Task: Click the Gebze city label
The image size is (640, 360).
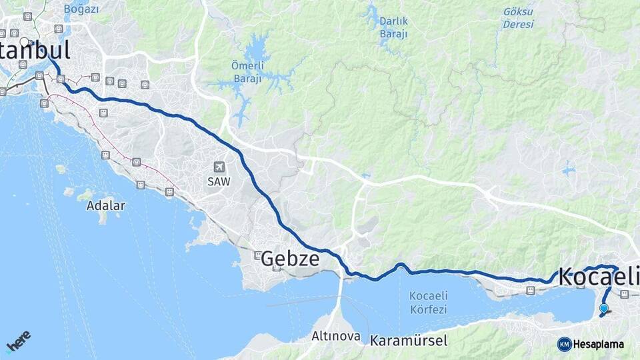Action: click(x=290, y=259)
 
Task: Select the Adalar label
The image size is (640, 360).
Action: click(x=105, y=205)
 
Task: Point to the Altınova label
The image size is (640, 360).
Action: click(x=337, y=337)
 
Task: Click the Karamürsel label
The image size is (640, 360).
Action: click(x=409, y=341)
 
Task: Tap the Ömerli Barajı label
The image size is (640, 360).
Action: click(x=247, y=71)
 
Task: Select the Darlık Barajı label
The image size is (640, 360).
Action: click(x=393, y=27)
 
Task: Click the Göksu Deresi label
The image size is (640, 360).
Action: click(x=519, y=18)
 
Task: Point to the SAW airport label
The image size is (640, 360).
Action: click(x=217, y=181)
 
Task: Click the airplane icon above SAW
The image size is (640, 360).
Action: click(x=219, y=167)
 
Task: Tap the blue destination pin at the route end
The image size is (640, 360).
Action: click(x=603, y=308)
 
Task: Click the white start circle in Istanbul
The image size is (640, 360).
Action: click(x=25, y=43)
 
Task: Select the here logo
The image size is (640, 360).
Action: click(x=18, y=341)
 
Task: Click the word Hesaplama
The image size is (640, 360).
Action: click(x=598, y=344)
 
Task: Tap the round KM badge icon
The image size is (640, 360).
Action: click(x=564, y=344)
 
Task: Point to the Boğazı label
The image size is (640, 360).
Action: click(x=81, y=9)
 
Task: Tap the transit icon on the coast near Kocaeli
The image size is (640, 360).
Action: click(x=530, y=291)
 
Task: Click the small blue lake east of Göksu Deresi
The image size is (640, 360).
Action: click(x=568, y=169)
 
